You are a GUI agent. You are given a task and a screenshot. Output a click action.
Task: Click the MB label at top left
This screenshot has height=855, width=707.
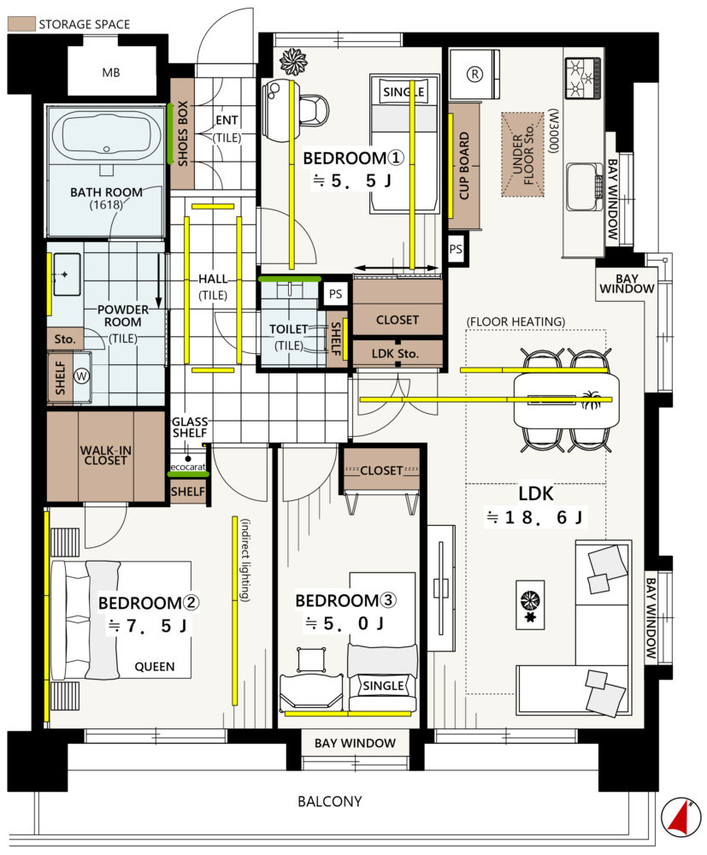(110, 73)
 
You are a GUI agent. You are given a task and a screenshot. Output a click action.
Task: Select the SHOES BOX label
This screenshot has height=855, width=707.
(183, 133)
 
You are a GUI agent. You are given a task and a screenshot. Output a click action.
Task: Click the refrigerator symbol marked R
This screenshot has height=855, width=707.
(474, 74)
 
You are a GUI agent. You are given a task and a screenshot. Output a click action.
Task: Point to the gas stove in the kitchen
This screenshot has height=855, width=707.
(583, 78)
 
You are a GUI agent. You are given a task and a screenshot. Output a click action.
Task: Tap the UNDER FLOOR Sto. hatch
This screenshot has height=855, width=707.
(522, 154)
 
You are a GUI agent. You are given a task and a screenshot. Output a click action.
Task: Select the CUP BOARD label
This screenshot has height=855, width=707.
(464, 166)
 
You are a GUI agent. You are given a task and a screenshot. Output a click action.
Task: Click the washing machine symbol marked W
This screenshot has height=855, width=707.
(82, 375)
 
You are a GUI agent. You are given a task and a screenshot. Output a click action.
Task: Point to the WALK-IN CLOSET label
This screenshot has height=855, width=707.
(106, 456)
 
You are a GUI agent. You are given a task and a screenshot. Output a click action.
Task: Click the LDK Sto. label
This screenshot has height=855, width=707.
(395, 354)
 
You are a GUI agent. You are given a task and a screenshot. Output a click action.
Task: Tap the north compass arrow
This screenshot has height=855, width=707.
(680, 817)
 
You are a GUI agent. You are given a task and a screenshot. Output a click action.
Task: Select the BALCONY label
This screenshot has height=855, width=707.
(330, 802)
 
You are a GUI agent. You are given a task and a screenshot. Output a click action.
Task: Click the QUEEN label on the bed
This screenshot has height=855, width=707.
(155, 667)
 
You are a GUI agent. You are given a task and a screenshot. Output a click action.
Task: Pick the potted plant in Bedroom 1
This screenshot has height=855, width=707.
(293, 61)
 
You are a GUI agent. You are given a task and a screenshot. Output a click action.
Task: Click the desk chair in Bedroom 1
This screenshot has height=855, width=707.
(314, 110)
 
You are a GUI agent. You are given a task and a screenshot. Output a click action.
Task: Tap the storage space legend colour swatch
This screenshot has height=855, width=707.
(21, 23)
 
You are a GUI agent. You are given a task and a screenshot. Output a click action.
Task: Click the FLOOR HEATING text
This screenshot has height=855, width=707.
(516, 321)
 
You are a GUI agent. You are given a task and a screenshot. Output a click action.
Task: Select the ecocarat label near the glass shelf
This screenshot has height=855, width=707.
(188, 468)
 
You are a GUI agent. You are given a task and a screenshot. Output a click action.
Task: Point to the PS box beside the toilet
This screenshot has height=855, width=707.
(336, 294)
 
